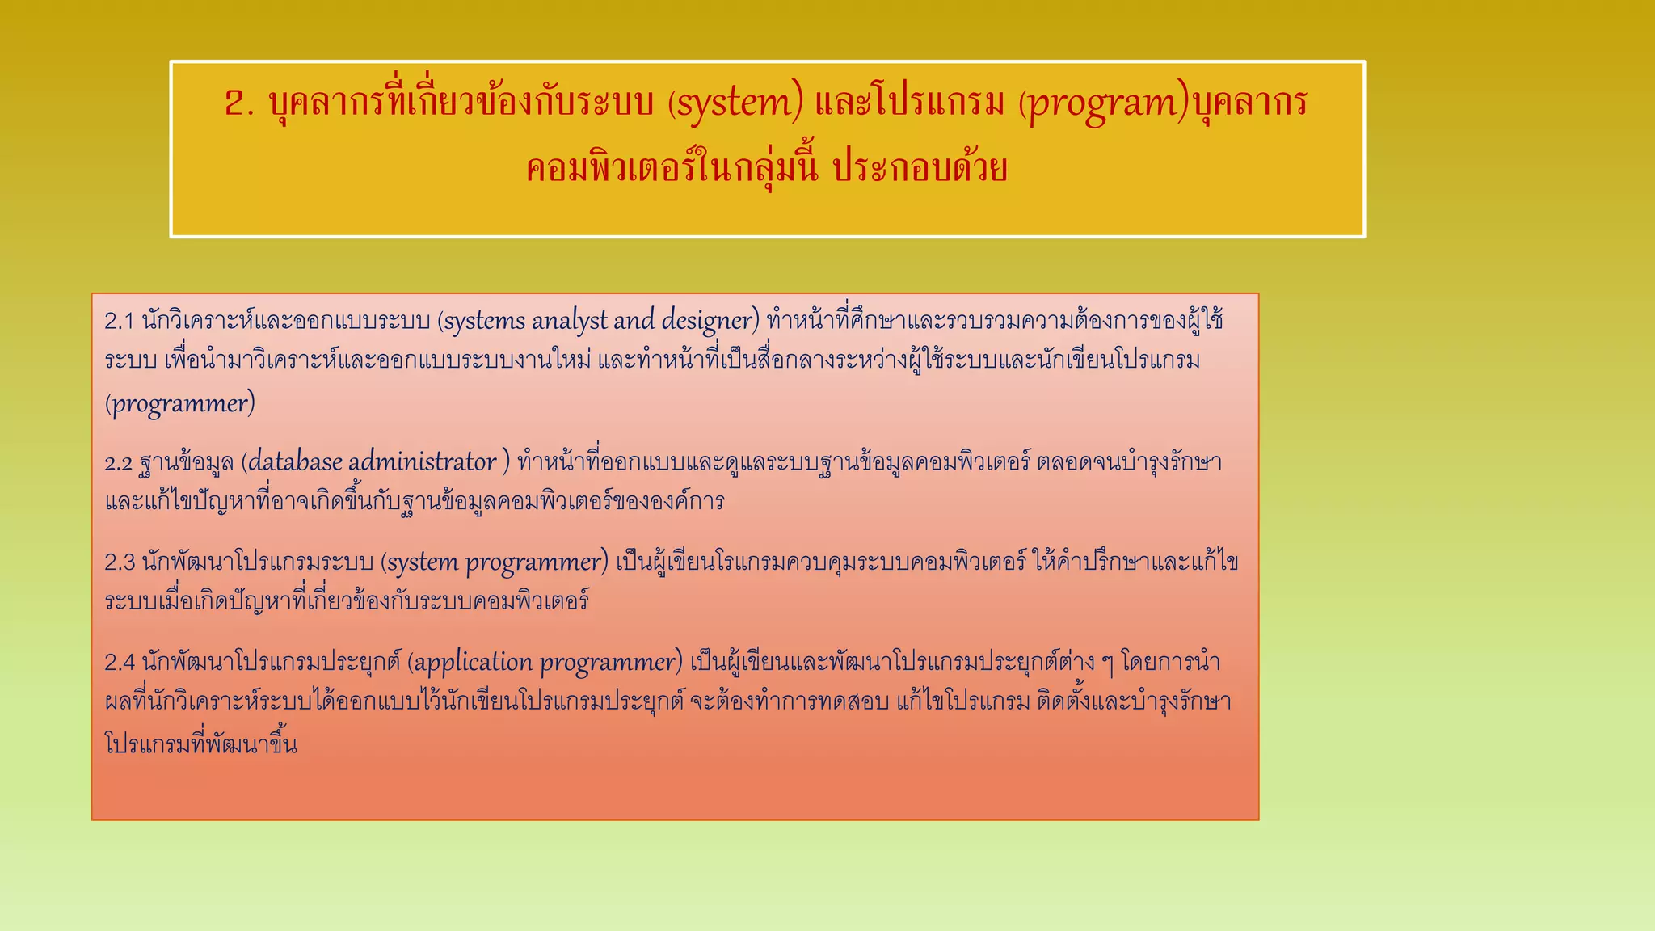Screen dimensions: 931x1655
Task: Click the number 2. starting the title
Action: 240,103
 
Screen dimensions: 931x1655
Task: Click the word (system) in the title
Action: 735,103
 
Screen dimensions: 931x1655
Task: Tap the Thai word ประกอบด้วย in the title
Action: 920,170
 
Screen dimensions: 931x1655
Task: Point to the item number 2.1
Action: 119,322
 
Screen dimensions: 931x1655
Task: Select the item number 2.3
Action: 120,562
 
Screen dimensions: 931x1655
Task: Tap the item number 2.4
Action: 120,663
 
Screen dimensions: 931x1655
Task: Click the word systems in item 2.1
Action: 483,322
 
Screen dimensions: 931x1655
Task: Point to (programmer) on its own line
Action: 179,403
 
